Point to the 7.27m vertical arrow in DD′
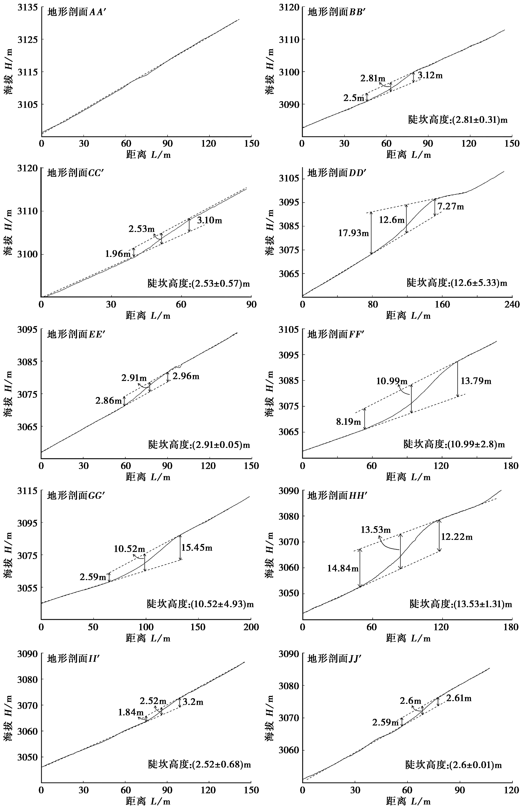(435, 207)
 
